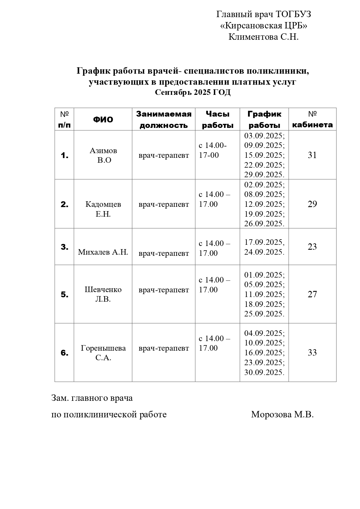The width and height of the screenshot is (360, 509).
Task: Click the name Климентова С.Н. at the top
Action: (263, 37)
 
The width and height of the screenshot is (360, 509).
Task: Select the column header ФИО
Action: (103, 119)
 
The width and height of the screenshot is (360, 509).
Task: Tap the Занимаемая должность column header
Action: (164, 119)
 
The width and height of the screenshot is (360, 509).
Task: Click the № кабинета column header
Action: (312, 119)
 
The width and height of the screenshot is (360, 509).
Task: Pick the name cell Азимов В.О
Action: (103, 155)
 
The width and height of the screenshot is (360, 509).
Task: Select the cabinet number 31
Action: (312, 155)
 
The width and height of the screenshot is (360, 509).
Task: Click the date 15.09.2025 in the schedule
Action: (264, 155)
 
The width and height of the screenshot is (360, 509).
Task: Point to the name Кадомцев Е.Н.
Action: (103, 209)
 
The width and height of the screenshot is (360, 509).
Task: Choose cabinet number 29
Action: (312, 204)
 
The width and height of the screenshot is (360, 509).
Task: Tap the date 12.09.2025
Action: (264, 204)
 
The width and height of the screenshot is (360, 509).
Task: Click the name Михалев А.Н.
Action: (103, 252)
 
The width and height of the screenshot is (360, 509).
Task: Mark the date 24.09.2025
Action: (264, 252)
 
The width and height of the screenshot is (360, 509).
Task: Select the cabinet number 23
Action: (312, 247)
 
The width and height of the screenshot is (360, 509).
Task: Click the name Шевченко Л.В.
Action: (103, 294)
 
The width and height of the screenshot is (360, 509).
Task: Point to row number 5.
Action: (64, 295)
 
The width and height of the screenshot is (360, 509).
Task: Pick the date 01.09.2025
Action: (264, 275)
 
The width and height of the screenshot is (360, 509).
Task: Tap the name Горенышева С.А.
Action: (103, 353)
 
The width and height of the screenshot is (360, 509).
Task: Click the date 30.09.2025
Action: (264, 372)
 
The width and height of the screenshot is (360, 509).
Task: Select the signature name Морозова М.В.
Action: (282, 414)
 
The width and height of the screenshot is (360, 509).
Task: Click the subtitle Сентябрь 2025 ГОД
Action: (193, 93)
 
